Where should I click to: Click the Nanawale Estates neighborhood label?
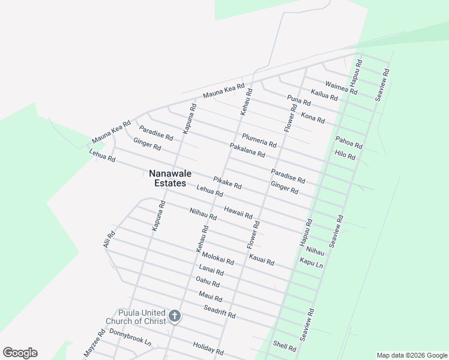click(x=167, y=178)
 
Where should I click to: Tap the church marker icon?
click(x=174, y=316)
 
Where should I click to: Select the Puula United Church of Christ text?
click(x=136, y=317)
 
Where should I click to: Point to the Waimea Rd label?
click(x=341, y=88)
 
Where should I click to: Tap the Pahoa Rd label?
click(x=349, y=142)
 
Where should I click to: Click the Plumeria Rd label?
click(x=259, y=141)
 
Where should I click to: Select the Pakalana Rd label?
click(x=247, y=151)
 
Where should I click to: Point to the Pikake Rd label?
click(x=227, y=182)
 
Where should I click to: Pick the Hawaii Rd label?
click(x=238, y=212)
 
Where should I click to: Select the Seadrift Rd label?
click(x=219, y=311)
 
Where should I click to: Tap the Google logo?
click(x=20, y=353)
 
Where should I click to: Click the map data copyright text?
click(x=411, y=355)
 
